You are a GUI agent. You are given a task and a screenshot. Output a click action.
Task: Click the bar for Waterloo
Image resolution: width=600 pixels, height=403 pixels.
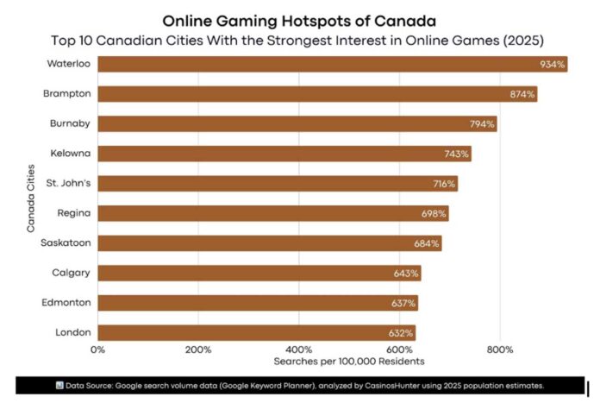(332, 64)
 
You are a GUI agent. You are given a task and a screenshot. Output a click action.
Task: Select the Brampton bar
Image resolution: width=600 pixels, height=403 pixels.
(316, 94)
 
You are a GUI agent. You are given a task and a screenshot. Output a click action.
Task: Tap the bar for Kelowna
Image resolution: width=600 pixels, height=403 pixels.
(284, 154)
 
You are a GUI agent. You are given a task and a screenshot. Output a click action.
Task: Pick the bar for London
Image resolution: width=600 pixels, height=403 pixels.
(256, 332)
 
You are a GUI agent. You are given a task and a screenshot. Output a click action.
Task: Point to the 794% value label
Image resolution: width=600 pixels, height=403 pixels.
(482, 124)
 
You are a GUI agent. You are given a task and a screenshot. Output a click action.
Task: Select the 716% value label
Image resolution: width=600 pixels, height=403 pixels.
(444, 184)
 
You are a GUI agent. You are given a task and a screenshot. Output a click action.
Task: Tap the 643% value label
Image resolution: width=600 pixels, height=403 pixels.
(407, 274)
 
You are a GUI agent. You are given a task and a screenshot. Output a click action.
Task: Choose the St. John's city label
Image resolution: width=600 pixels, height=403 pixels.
(70, 183)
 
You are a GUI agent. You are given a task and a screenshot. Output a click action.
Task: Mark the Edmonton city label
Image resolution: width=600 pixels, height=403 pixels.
(67, 303)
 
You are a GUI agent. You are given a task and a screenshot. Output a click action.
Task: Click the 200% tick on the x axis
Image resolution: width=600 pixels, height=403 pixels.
(198, 349)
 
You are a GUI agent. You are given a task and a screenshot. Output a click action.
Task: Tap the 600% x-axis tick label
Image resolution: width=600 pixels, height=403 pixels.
(399, 349)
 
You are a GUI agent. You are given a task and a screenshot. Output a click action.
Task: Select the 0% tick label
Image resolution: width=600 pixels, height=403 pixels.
(98, 349)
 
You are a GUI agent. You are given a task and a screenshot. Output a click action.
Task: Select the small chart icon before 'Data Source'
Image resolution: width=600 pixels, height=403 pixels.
(60, 385)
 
